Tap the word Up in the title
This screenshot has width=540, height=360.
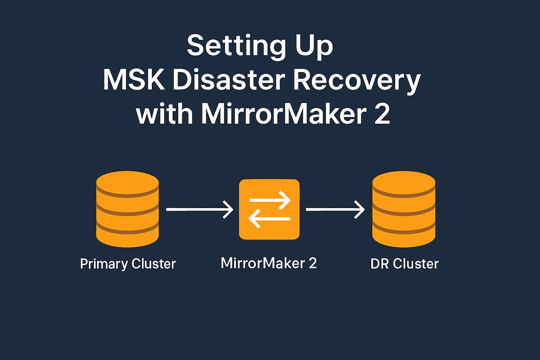point(314,46)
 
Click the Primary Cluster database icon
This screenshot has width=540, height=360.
point(127,209)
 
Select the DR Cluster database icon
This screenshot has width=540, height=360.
point(404,209)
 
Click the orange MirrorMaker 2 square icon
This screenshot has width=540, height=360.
point(269,210)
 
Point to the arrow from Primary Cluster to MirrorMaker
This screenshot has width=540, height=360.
point(199,210)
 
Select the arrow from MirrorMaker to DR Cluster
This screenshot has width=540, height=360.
point(335,210)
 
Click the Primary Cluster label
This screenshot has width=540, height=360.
point(128,264)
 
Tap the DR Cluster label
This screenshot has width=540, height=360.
point(405,264)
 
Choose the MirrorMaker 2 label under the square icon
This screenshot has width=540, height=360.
point(269,263)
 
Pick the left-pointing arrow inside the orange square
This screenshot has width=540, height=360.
point(269,219)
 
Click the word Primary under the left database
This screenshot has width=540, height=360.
point(104,264)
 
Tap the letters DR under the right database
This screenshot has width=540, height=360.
point(379,264)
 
